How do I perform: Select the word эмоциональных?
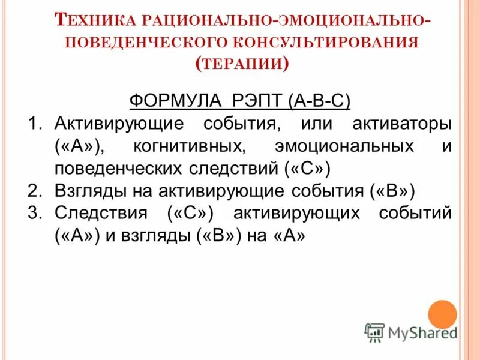[344, 146]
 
